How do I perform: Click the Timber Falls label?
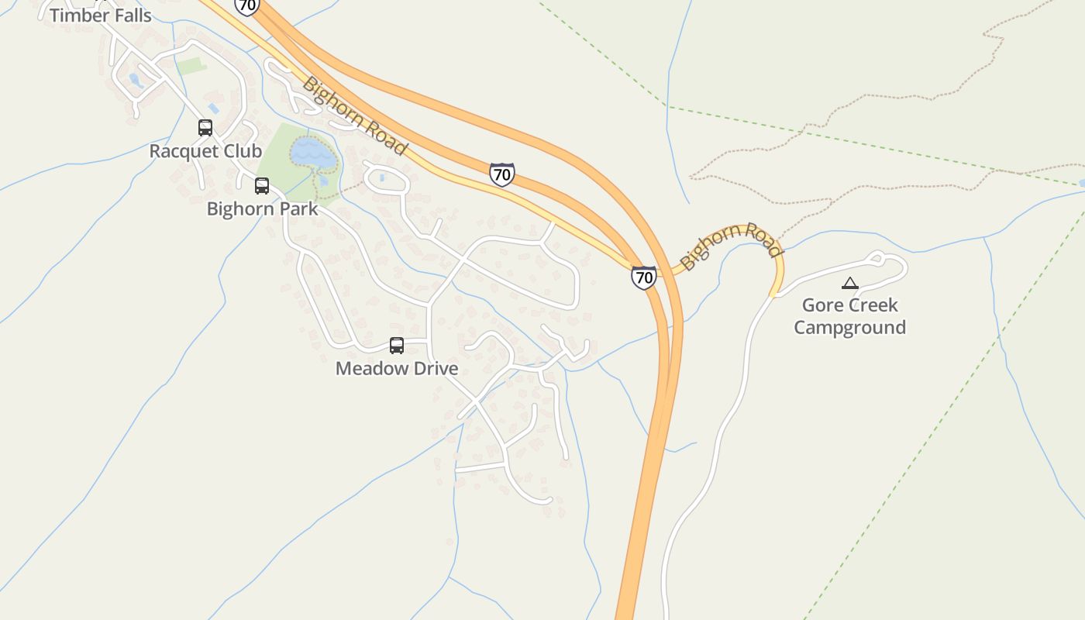click(x=101, y=15)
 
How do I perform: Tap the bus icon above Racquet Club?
click(x=205, y=128)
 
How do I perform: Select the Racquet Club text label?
click(x=205, y=150)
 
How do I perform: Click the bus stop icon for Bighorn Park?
click(x=262, y=186)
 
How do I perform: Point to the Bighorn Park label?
click(x=262, y=208)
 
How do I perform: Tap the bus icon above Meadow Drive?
click(x=397, y=346)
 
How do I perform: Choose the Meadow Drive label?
click(x=397, y=368)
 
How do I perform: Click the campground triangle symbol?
click(x=850, y=284)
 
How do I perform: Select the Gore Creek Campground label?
click(x=849, y=315)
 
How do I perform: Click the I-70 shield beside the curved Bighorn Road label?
click(x=643, y=277)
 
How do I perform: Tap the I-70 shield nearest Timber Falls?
click(x=246, y=6)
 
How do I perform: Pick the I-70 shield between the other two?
click(x=502, y=174)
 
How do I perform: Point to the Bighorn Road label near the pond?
click(x=354, y=115)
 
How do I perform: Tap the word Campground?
click(x=849, y=327)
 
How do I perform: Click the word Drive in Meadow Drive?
click(x=433, y=368)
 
